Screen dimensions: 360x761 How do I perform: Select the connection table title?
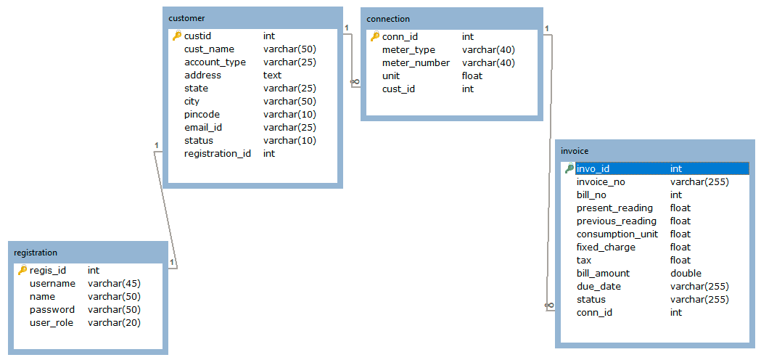(388, 19)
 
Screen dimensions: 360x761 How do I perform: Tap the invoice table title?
(575, 150)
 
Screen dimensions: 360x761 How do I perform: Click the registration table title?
(36, 253)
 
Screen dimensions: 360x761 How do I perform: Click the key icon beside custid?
(176, 36)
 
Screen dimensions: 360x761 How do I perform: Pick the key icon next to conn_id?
(374, 37)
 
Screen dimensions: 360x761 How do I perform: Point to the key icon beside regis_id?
(22, 271)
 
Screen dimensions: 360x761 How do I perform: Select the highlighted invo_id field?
(593, 169)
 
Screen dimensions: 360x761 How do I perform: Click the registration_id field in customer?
(217, 154)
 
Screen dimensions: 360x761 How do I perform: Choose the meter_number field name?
(416, 63)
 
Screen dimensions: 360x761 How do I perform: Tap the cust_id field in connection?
(398, 89)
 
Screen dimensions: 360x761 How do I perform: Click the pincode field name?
(202, 115)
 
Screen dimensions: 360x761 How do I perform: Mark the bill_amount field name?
(603, 274)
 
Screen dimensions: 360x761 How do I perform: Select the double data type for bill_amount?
(686, 274)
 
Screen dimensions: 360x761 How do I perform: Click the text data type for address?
(272, 75)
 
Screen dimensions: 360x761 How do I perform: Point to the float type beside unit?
(472, 76)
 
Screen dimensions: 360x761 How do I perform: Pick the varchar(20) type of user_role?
(114, 323)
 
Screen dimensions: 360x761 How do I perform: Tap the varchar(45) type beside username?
(114, 284)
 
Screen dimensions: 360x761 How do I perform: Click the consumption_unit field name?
(617, 234)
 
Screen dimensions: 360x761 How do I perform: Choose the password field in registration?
(52, 310)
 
